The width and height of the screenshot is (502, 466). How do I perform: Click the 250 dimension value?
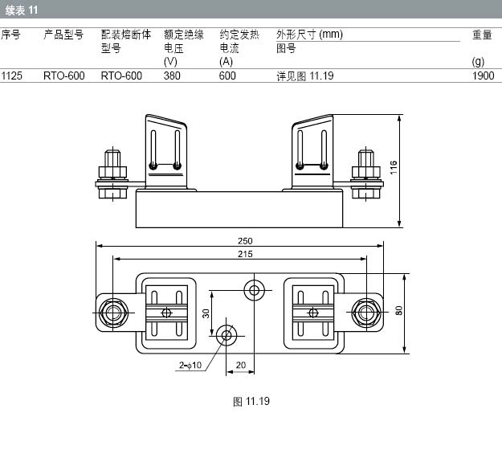click(x=245, y=240)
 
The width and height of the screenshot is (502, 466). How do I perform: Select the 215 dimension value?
click(x=245, y=254)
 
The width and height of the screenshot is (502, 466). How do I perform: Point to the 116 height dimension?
click(x=393, y=167)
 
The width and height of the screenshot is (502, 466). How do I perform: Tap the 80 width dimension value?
click(x=399, y=311)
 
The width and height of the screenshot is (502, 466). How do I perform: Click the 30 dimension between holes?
click(x=206, y=313)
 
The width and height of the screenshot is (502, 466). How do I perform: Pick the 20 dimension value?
click(x=241, y=365)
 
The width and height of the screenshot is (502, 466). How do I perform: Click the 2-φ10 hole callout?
click(x=190, y=365)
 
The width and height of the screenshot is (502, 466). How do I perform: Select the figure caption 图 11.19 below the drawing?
click(x=251, y=401)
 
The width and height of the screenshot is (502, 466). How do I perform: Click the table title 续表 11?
click(x=22, y=10)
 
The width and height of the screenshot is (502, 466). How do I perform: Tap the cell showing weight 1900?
click(x=483, y=76)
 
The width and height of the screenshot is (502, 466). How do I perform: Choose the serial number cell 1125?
click(x=11, y=76)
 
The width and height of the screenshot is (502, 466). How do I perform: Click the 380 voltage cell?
click(x=172, y=76)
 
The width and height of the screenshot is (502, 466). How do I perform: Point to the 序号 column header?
click(x=10, y=35)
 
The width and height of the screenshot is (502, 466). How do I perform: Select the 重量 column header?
click(x=482, y=35)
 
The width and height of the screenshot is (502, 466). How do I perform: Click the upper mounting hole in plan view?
click(x=254, y=291)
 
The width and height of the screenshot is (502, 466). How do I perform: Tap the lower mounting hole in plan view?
click(x=227, y=336)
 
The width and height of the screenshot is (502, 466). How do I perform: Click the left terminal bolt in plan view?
click(x=113, y=313)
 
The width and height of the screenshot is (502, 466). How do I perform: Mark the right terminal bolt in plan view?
click(x=366, y=313)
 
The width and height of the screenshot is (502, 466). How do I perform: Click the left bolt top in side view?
click(x=112, y=158)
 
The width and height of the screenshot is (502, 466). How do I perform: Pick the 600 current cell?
click(x=227, y=76)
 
